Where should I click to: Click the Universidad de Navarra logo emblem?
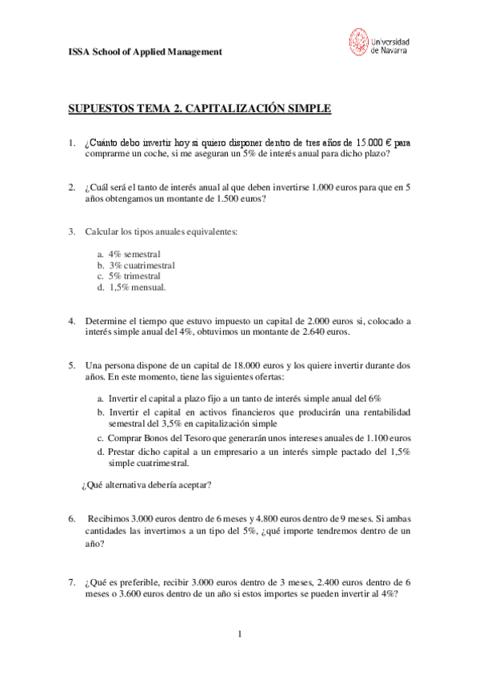click(358, 42)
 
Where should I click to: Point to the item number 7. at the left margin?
click(72, 582)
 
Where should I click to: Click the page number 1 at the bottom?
click(239, 635)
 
